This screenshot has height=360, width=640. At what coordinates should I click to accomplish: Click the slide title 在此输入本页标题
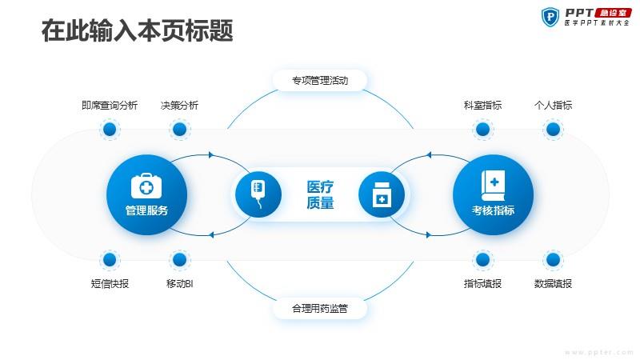(x=137, y=30)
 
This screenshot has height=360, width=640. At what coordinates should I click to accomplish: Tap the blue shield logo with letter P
(x=550, y=17)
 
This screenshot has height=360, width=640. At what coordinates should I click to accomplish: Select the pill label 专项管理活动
(x=320, y=81)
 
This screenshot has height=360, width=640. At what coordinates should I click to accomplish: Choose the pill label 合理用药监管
(x=320, y=308)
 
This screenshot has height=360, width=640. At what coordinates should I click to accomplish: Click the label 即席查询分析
(x=110, y=106)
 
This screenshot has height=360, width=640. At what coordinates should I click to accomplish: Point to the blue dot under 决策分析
(x=179, y=130)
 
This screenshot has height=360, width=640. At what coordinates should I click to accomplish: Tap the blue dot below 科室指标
(x=483, y=130)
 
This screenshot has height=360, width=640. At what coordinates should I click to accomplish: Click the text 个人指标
(x=553, y=106)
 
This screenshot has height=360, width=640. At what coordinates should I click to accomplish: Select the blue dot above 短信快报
(x=110, y=259)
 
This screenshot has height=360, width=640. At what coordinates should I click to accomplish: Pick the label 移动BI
(x=179, y=284)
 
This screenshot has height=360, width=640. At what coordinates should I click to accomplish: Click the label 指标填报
(x=483, y=284)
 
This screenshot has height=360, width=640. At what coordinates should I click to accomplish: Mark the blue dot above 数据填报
(x=553, y=259)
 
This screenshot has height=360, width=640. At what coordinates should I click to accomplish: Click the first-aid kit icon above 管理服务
(x=146, y=186)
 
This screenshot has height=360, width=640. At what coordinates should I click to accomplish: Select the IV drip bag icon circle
(x=258, y=194)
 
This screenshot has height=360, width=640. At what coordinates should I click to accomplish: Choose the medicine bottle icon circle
(x=382, y=194)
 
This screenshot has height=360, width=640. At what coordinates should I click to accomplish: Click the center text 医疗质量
(x=320, y=194)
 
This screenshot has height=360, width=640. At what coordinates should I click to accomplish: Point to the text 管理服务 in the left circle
(x=146, y=210)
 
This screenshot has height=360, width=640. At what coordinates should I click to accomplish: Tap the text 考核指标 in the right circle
(x=493, y=210)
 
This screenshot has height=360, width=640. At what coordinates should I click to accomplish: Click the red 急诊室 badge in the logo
(x=613, y=13)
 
